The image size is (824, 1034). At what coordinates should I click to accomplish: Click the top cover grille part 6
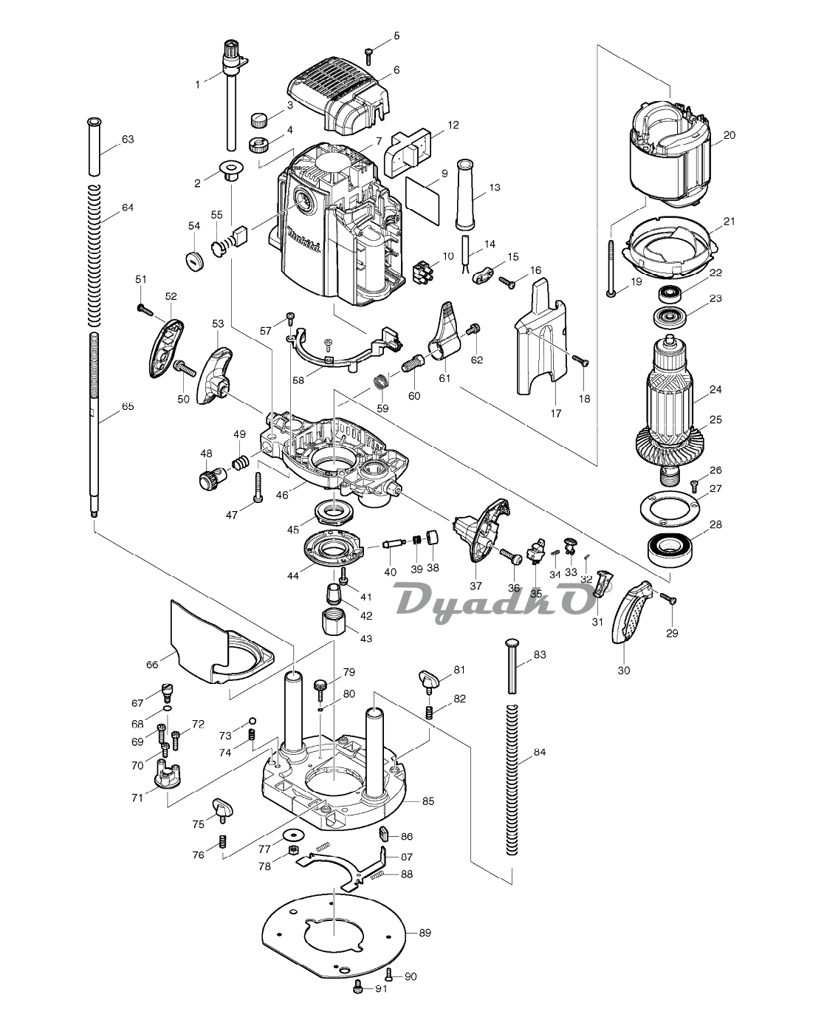pos(340,92)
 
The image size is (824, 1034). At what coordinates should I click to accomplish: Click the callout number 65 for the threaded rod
pos(128,405)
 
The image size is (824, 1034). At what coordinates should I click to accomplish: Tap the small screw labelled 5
pos(368,53)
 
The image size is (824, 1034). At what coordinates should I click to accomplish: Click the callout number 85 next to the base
pos(428,801)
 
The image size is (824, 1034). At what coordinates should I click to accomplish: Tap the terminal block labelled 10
pos(422,270)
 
